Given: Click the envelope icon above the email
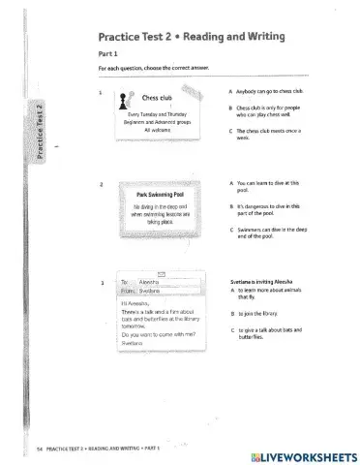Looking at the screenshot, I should pos(161,273).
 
